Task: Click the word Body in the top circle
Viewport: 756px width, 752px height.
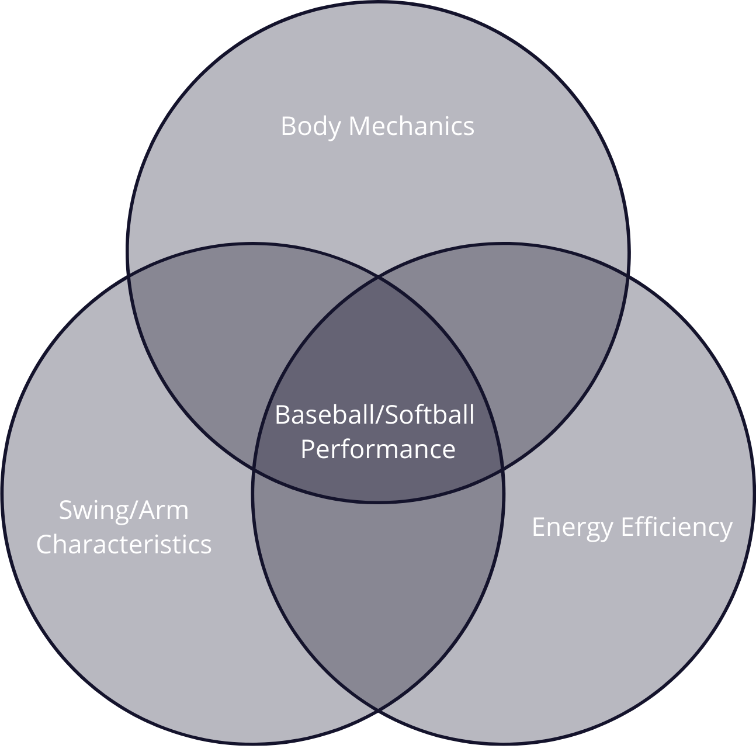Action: (x=310, y=126)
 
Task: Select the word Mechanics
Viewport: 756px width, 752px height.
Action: (x=411, y=126)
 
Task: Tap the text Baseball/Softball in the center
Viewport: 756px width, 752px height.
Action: (x=374, y=415)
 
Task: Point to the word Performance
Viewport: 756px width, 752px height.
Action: (x=378, y=449)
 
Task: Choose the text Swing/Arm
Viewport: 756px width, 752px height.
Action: (x=124, y=510)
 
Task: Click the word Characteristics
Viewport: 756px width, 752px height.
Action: (x=124, y=544)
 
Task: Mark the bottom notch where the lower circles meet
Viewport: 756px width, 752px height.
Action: (x=378, y=713)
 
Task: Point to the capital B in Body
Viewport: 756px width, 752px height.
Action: (x=287, y=126)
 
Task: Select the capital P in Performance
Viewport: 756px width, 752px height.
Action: (x=307, y=449)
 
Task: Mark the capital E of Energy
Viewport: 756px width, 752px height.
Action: (x=538, y=527)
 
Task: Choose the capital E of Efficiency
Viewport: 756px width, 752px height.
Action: (x=627, y=527)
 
